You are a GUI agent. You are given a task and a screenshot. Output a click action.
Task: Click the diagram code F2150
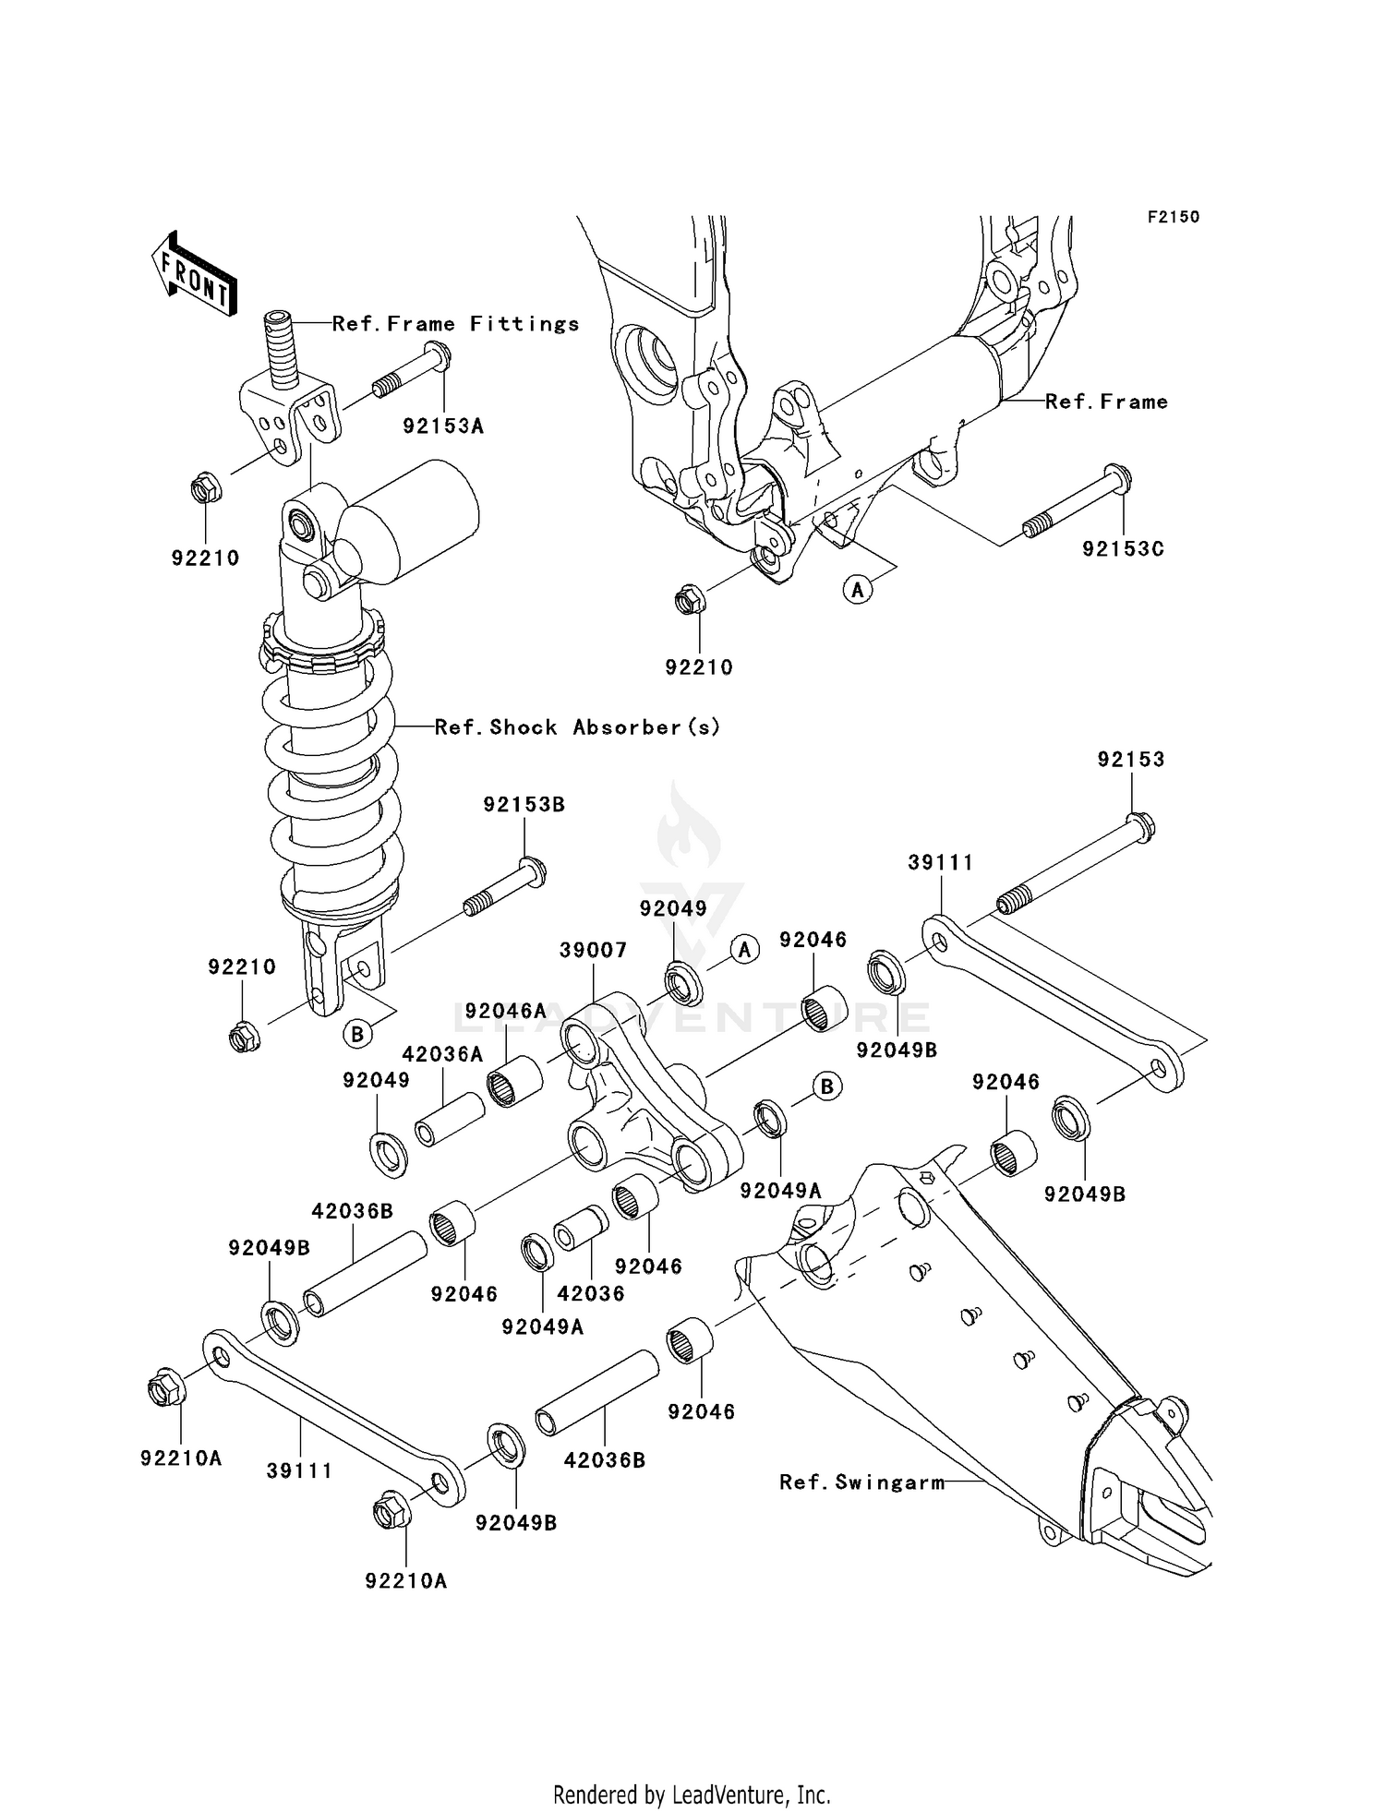(1173, 217)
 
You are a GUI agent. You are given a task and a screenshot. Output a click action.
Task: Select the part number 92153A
(442, 426)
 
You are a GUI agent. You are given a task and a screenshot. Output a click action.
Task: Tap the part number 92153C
(1123, 548)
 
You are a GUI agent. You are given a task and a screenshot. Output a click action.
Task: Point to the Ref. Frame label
(1106, 402)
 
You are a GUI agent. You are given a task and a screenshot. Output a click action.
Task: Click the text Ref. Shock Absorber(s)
(577, 726)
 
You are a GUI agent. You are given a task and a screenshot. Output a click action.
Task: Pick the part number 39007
(593, 950)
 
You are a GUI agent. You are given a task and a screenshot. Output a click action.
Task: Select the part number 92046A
(505, 1011)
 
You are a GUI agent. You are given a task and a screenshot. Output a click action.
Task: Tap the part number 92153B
(524, 804)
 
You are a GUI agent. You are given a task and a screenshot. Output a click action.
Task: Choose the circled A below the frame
(858, 588)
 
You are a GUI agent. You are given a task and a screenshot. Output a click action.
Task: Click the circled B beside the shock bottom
(357, 1034)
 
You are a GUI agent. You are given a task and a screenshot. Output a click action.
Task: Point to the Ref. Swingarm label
(861, 1482)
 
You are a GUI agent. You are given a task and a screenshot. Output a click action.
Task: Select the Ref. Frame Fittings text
(455, 323)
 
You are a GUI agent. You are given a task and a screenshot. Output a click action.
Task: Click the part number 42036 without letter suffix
(590, 1293)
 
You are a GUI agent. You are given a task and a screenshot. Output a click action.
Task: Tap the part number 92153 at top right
(1131, 759)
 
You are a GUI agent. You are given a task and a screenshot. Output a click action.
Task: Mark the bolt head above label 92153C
(1119, 479)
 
